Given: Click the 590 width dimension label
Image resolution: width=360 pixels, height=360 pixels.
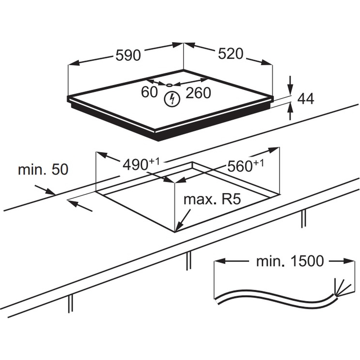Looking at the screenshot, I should [x=128, y=55].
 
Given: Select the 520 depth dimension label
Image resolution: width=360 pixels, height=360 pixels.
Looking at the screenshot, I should [x=231, y=54].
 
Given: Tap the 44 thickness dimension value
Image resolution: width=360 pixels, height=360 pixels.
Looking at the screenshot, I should [x=306, y=98].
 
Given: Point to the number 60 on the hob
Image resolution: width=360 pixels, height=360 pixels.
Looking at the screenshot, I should [x=149, y=93].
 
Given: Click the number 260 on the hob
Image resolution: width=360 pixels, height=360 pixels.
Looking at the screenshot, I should [x=198, y=93].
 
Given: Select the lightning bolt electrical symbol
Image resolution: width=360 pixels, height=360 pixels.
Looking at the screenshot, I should [x=172, y=99].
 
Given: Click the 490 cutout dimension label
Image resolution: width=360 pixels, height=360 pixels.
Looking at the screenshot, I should [x=136, y=165].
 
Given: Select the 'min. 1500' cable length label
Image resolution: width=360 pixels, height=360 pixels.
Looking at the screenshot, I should [x=290, y=261].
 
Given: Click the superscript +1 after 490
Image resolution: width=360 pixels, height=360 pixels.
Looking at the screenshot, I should [x=154, y=162].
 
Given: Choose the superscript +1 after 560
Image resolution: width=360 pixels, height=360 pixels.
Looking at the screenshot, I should [x=258, y=163].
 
